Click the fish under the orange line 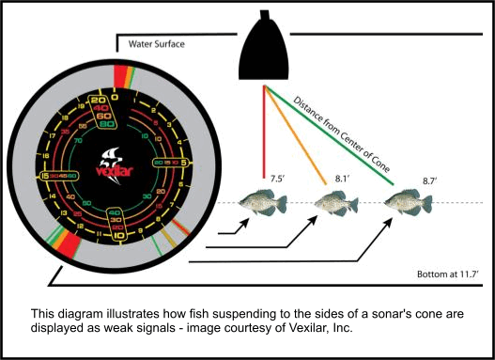331,201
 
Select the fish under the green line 405,201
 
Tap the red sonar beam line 264,132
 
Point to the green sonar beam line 338,137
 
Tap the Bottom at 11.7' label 449,274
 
